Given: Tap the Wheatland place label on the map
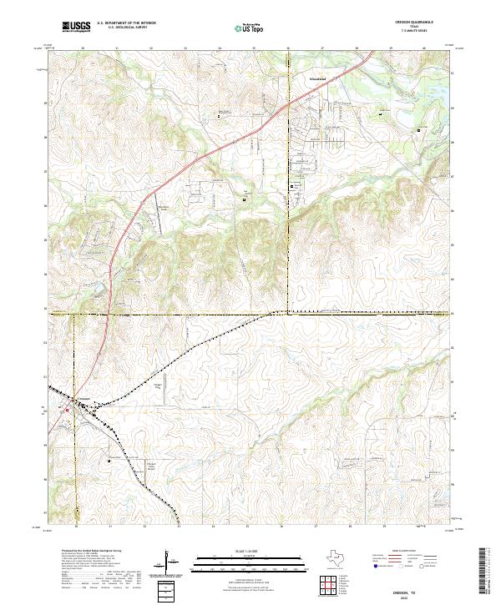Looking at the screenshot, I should point(313,80).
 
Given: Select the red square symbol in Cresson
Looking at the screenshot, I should point(68,410).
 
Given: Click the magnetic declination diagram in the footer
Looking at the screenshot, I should point(170,561).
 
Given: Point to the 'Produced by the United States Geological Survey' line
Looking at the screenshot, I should point(92,551).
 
